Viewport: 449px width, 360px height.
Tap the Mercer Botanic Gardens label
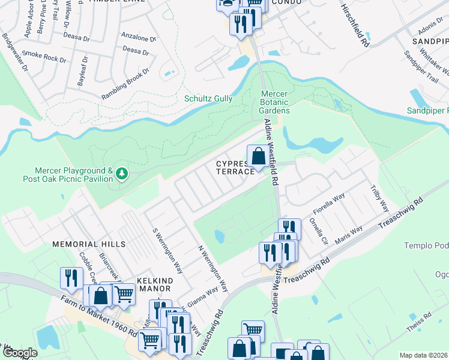(x=275, y=102)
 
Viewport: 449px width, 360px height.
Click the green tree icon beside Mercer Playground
(x=122, y=174)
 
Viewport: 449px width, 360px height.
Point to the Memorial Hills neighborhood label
(x=89, y=244)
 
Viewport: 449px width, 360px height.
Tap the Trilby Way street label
(x=380, y=197)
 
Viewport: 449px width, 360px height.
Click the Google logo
(x=19, y=353)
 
